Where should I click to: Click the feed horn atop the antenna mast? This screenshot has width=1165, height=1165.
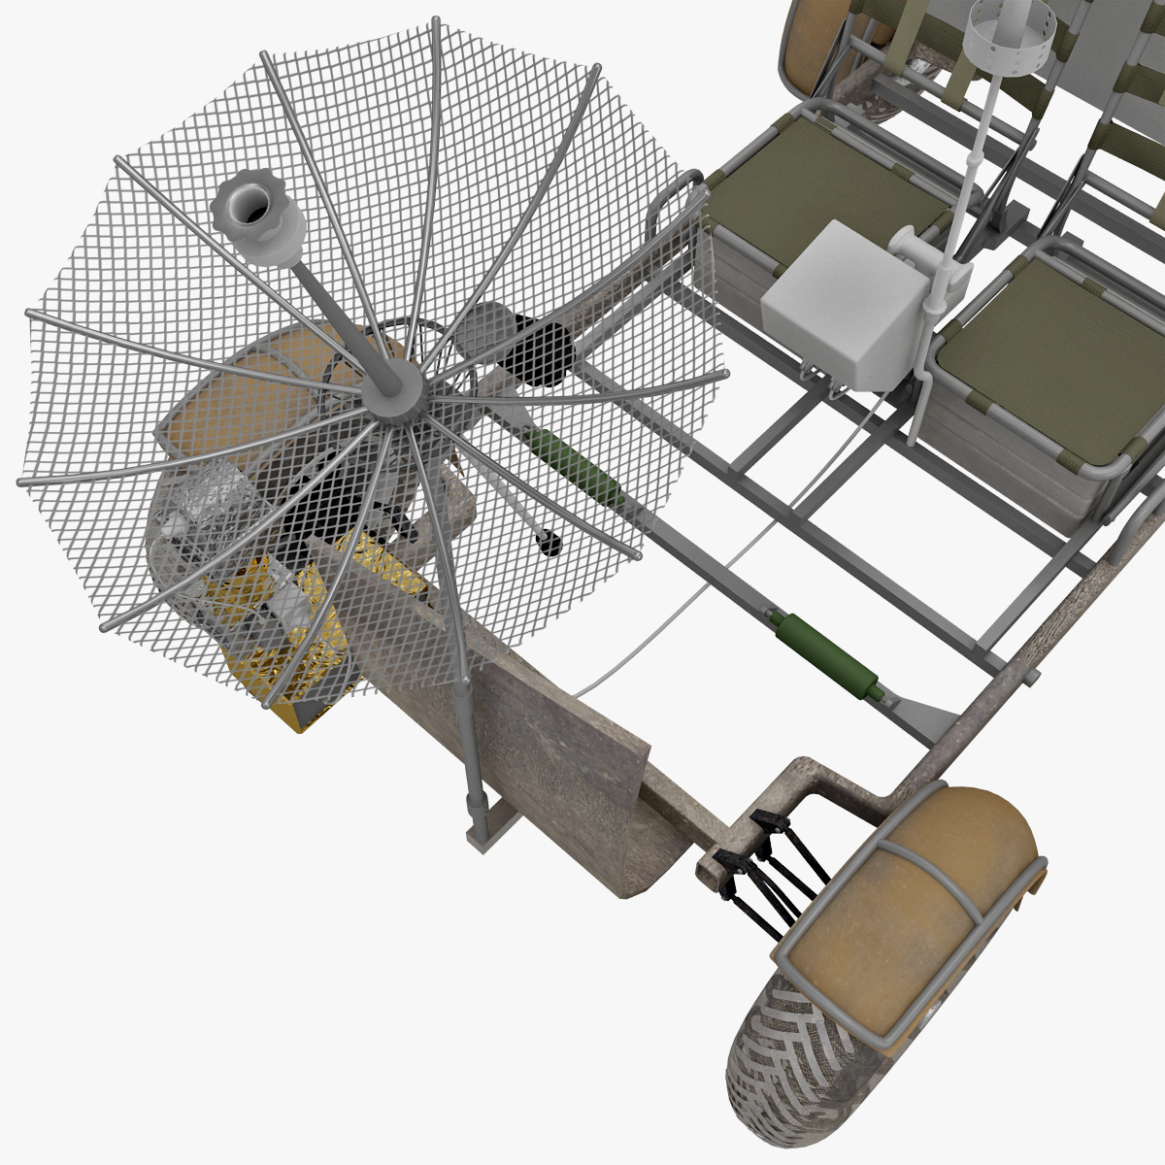[255, 218]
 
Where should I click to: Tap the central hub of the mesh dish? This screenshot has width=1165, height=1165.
[394, 385]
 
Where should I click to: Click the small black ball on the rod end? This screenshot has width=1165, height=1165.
[549, 544]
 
